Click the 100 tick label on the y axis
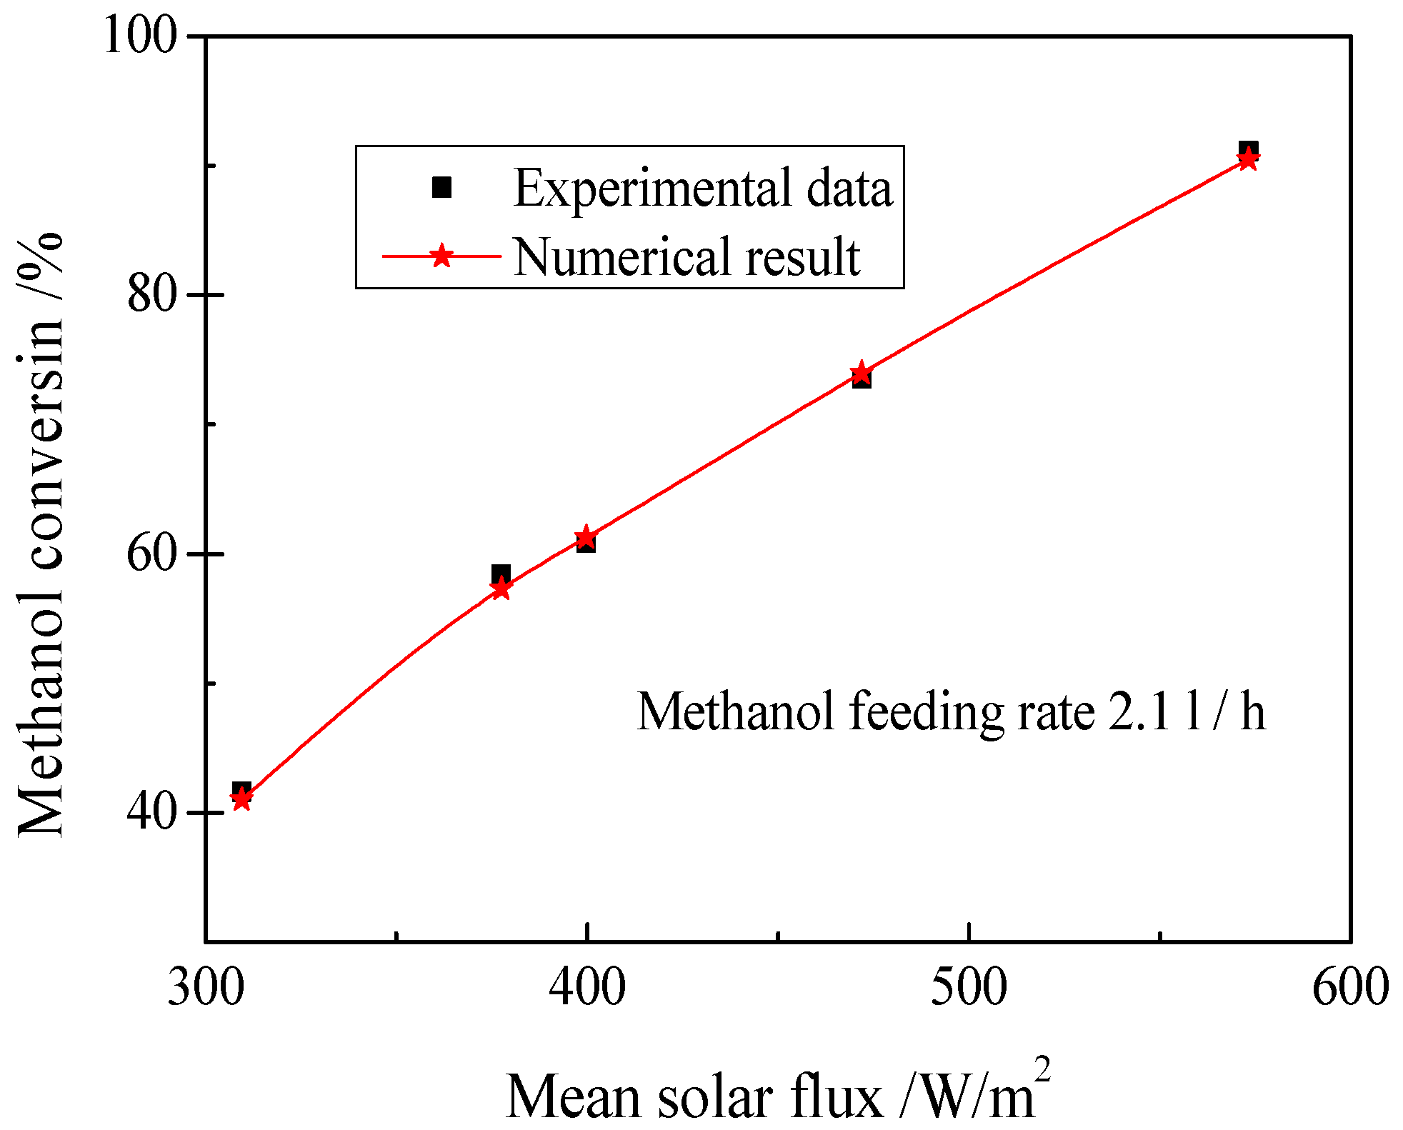point(140,36)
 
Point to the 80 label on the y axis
point(151,294)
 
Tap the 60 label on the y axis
point(151,554)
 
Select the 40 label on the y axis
point(151,812)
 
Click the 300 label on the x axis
point(206,987)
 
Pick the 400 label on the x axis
point(586,987)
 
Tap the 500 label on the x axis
point(968,987)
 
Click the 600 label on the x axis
point(1349,987)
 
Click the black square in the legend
point(442,187)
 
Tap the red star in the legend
point(442,256)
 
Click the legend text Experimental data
point(703,188)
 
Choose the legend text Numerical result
point(686,256)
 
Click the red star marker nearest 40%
point(242,799)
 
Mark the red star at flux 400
point(586,536)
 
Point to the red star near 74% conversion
point(862,373)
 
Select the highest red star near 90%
point(1247,159)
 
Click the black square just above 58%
point(501,574)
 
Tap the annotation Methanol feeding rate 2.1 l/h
point(950,711)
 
